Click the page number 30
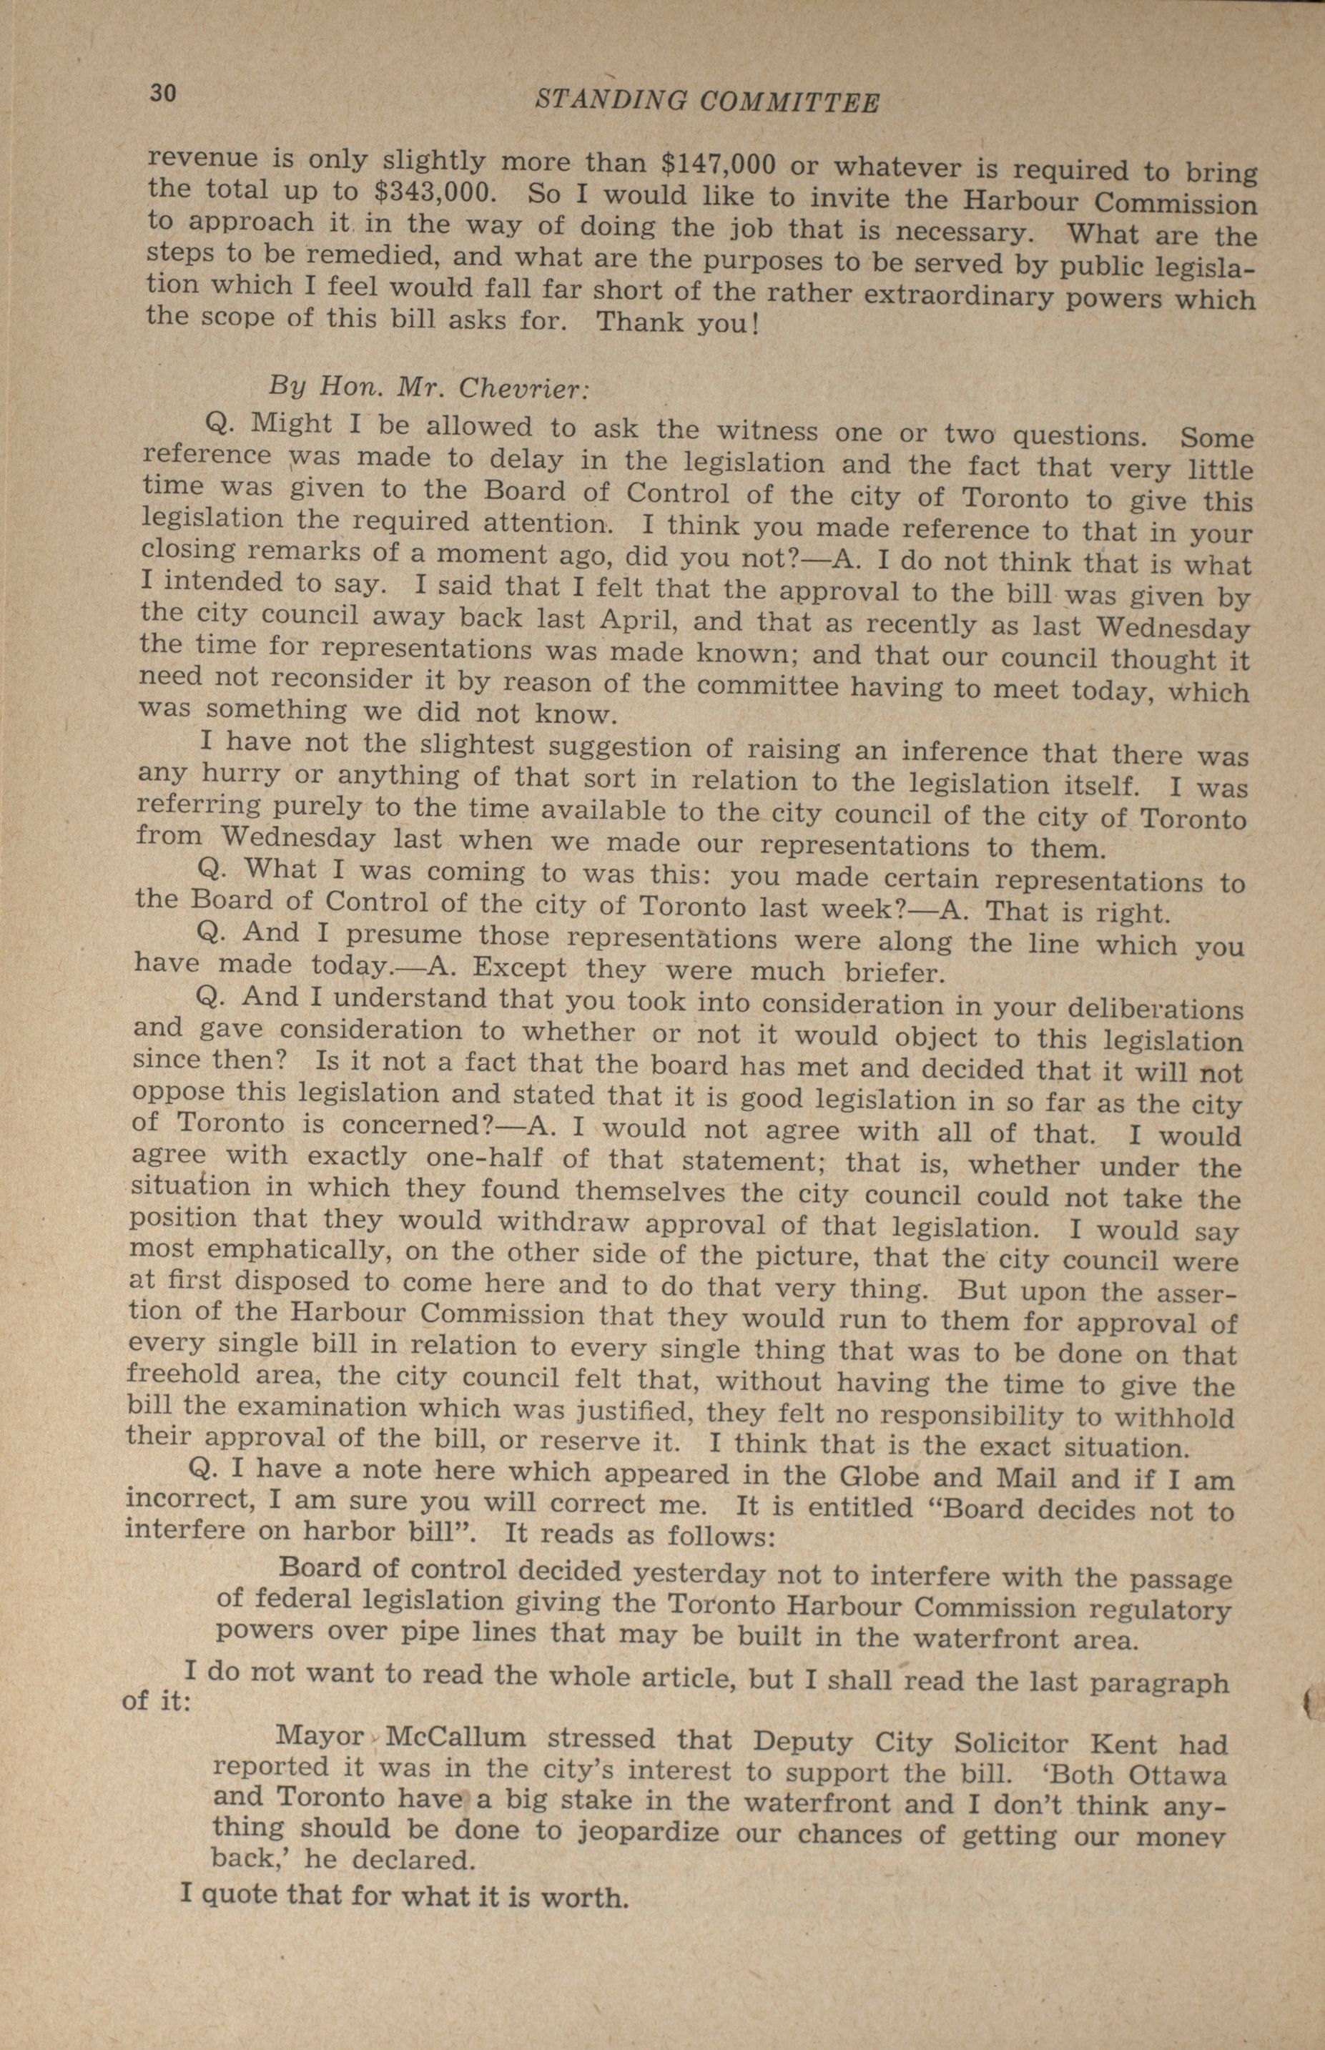pos(162,93)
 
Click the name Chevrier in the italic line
pos(523,388)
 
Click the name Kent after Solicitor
pos(1126,1744)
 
